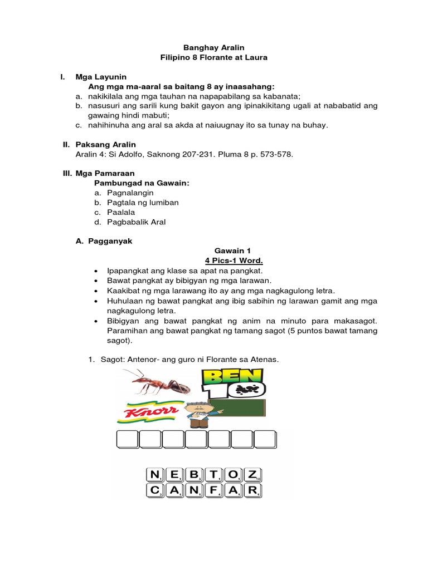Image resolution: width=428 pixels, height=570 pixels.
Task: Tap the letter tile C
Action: click(154, 491)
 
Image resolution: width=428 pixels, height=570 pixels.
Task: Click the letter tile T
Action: click(216, 475)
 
